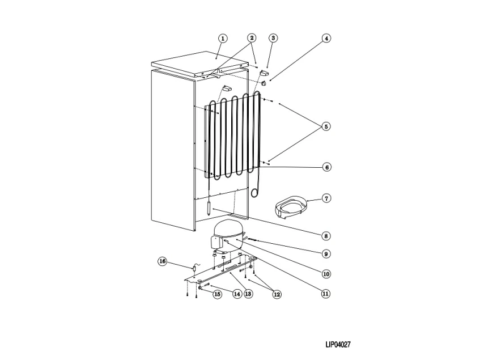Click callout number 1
coord(223,38)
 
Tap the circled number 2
coord(252,38)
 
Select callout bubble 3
coord(273,38)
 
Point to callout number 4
coord(326,38)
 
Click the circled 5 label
coord(326,126)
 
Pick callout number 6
coord(326,167)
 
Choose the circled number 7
coord(326,198)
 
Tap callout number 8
coord(326,235)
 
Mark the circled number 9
coord(326,253)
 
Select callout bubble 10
coord(326,274)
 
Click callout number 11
coord(326,294)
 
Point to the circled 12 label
coord(277,294)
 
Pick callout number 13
coord(248,294)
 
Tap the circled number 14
coord(237,294)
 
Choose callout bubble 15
coord(216,294)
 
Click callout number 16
coord(163,261)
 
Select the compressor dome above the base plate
coord(227,231)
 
